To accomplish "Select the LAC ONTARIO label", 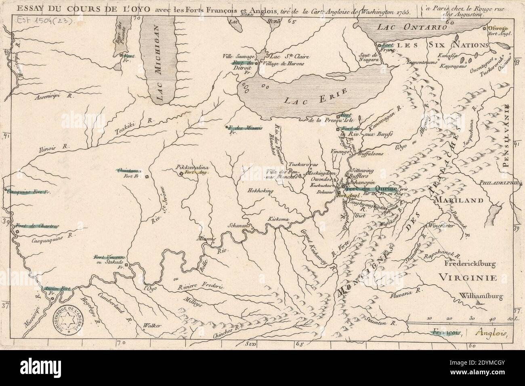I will point(410,27).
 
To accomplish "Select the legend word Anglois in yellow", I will point(490,333).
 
